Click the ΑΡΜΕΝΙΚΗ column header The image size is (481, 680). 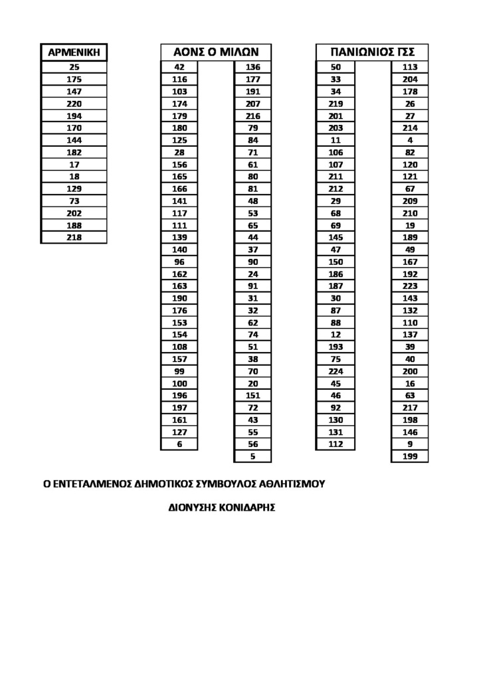pos(74,52)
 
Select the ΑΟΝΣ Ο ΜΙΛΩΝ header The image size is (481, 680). pos(216,52)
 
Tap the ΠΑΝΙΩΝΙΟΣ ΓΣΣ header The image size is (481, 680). pos(371,52)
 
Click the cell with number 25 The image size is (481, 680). pos(74,67)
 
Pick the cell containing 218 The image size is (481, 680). pos(74,237)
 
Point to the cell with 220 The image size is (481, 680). pos(74,104)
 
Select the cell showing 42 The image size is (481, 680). pos(179,67)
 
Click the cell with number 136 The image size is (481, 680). pos(252,67)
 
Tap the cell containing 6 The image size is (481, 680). pos(179,444)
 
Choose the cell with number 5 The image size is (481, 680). pos(252,456)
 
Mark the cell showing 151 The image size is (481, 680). pos(252,396)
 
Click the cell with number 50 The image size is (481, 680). pos(336,67)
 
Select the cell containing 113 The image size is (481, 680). pos(410,67)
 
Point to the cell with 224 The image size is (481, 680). pos(336,371)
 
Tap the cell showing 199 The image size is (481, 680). pos(410,456)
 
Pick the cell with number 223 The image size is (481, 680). pos(410,286)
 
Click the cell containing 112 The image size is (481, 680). pos(336,444)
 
